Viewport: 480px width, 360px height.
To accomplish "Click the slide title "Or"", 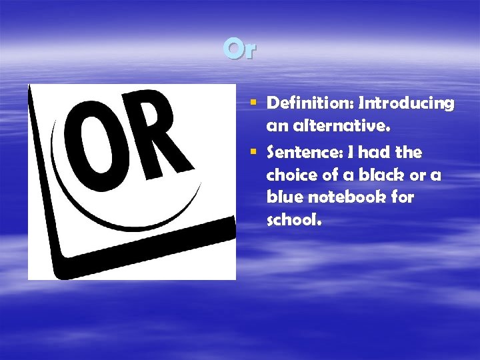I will [x=239, y=49].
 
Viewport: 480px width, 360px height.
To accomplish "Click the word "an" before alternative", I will [x=276, y=125].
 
